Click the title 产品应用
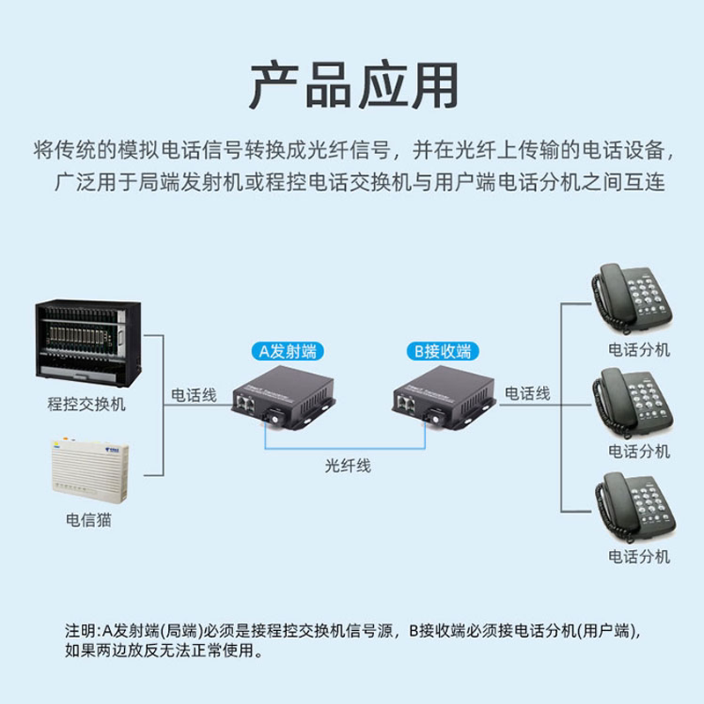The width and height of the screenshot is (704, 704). coord(353,84)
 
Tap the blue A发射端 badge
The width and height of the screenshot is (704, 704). coord(286,351)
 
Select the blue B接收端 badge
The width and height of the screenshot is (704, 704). coord(444,351)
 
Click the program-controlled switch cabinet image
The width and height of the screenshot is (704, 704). coord(87,343)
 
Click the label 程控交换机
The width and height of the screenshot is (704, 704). coord(86,404)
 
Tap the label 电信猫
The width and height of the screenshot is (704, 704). coord(88,520)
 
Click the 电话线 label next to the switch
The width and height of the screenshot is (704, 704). coord(194,395)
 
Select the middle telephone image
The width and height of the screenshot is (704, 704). coord(633,402)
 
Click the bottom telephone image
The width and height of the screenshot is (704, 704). coord(633,507)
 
